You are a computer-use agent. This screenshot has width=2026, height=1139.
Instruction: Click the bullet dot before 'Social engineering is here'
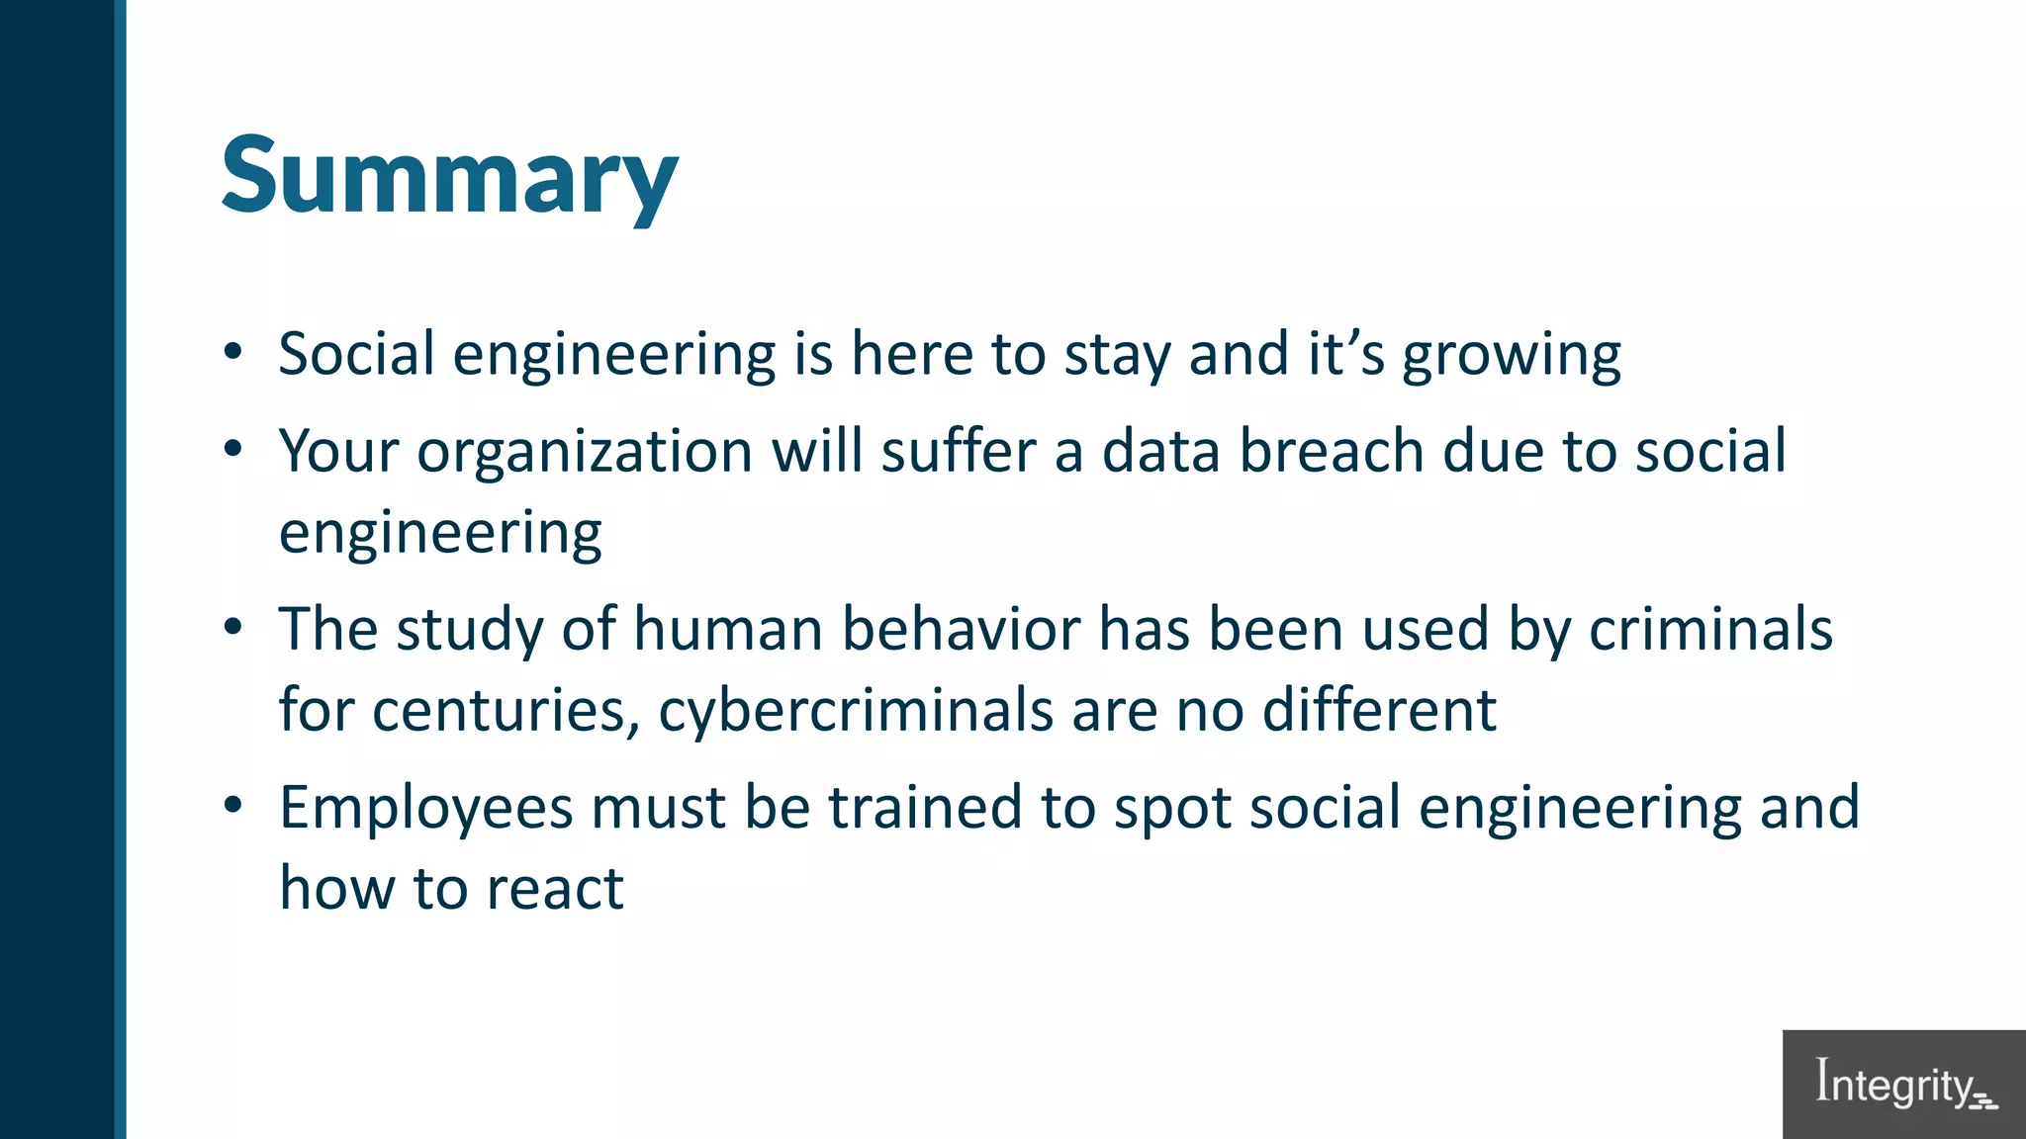point(232,351)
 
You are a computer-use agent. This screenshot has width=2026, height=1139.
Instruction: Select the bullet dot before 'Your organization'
point(232,449)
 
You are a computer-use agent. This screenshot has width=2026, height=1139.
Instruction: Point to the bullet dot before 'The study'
point(232,627)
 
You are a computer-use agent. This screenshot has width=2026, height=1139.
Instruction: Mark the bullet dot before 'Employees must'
point(232,805)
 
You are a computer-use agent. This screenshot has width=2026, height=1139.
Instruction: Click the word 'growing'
point(1512,356)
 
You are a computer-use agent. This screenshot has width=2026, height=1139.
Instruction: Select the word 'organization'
point(585,453)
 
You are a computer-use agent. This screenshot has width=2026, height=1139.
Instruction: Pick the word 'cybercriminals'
point(856,711)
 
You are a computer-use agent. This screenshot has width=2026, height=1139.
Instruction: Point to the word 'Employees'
point(426,808)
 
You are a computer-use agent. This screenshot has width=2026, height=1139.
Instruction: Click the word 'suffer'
point(958,451)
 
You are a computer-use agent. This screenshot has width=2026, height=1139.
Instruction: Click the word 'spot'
point(1172,809)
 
